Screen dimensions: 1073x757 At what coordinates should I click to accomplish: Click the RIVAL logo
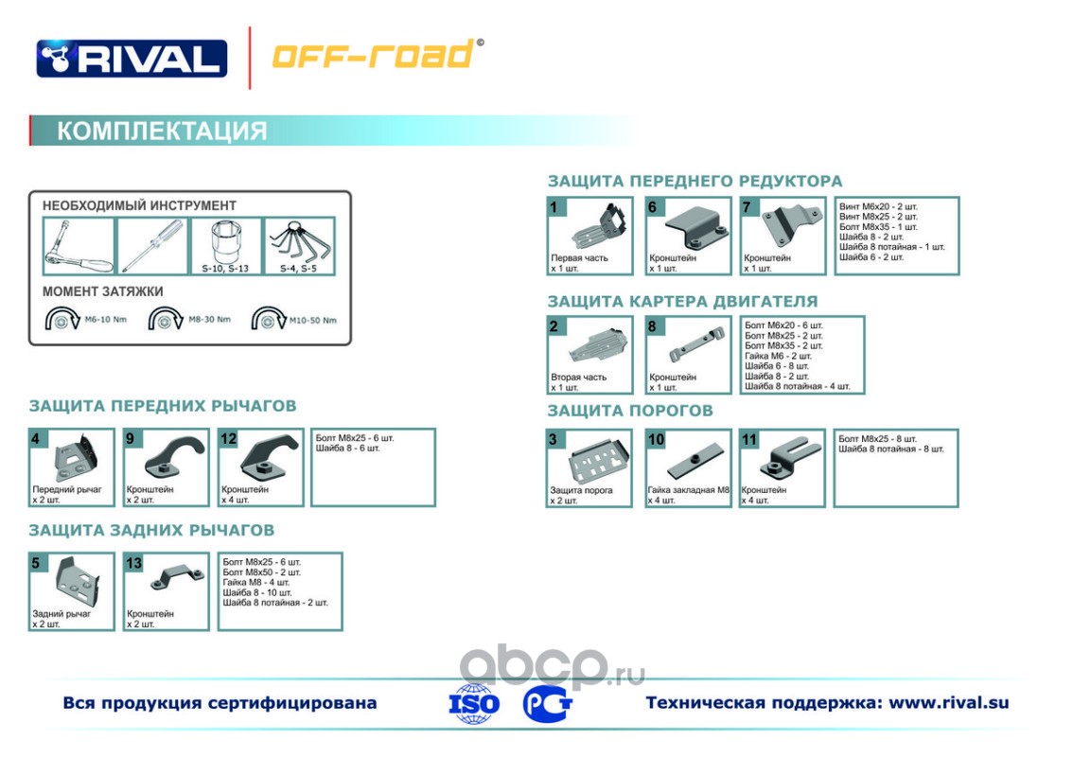coord(132,58)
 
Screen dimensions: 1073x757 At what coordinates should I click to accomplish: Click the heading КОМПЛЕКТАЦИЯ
coord(162,131)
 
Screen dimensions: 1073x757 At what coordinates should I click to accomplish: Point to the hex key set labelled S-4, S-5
coord(298,240)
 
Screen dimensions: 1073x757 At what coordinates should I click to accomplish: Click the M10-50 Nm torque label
coord(313,320)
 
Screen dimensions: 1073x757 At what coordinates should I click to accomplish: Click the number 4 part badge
coord(36,438)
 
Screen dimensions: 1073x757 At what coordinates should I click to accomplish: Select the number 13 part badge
coord(133,563)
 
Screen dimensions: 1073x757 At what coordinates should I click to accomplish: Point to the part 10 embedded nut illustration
coord(691,463)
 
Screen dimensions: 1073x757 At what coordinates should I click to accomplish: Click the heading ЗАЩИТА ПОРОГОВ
coord(630,411)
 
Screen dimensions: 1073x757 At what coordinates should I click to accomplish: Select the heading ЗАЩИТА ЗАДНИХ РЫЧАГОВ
coord(151,530)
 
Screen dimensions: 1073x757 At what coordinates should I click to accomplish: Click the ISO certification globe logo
coord(474,703)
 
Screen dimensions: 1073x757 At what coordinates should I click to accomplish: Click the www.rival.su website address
coord(949,703)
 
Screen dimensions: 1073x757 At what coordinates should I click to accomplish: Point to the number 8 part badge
coord(653,326)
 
